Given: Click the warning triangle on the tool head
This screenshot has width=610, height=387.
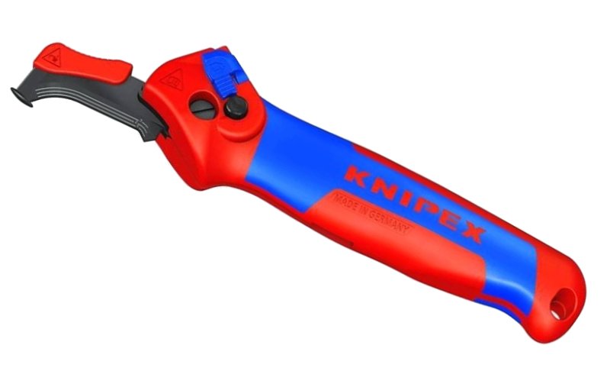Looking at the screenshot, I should coord(172,77).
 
